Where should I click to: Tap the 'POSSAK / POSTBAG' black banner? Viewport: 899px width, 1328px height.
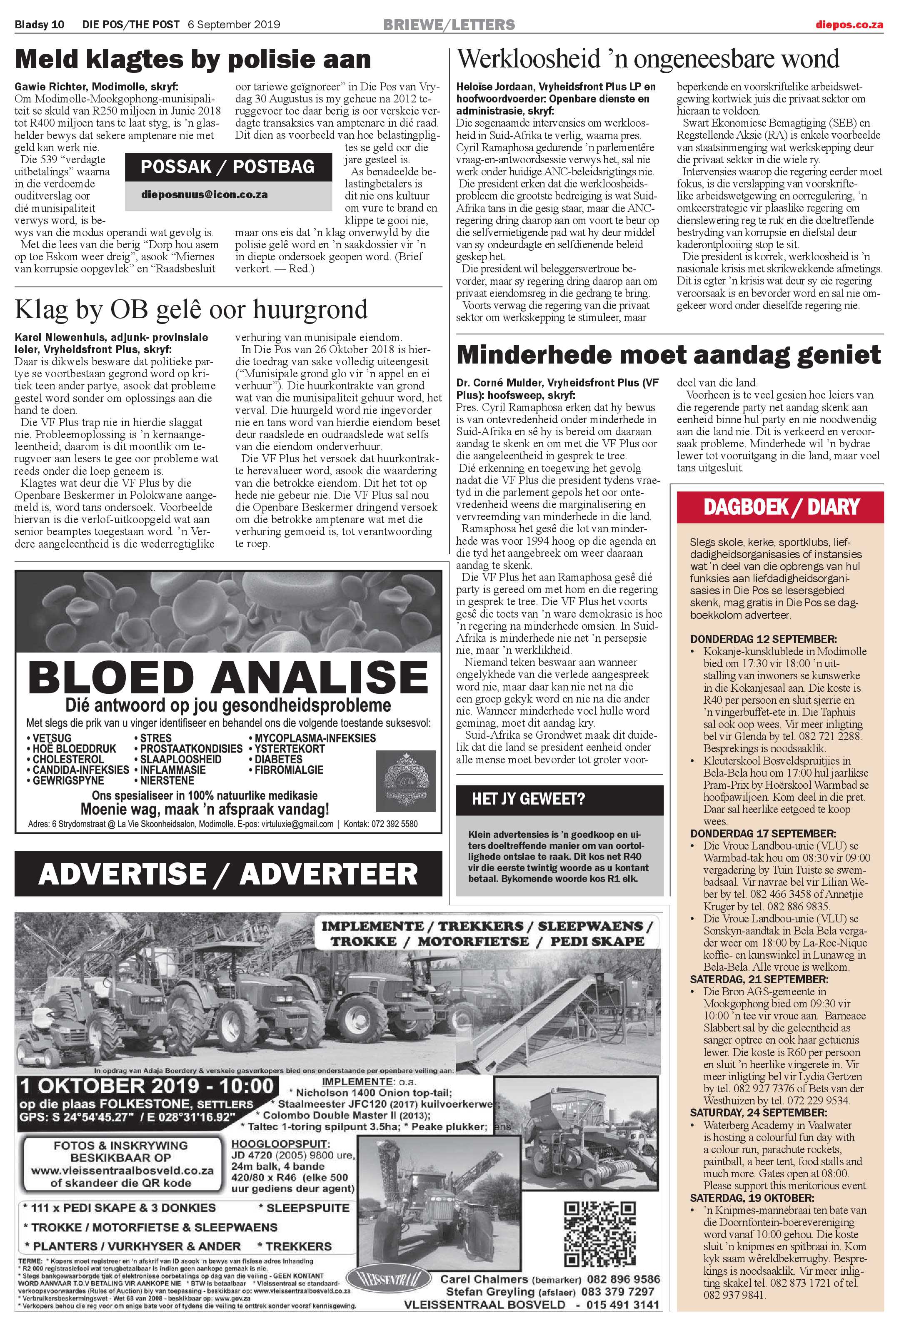(x=227, y=167)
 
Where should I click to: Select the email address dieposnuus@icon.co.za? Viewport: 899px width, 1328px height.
(x=205, y=194)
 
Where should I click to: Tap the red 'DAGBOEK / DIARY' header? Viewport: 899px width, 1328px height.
(x=781, y=506)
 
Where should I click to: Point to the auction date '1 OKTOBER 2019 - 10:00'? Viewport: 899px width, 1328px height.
(x=147, y=1084)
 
